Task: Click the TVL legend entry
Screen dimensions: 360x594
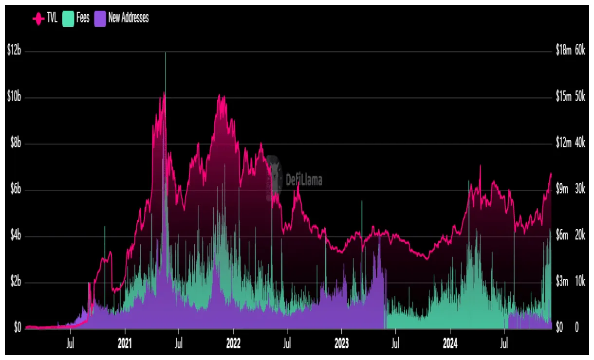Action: (x=45, y=18)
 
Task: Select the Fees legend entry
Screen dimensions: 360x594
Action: (x=76, y=18)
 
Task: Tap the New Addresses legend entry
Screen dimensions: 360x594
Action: (x=122, y=18)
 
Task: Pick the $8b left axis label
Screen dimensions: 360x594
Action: (x=15, y=144)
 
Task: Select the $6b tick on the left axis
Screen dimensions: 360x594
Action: (x=15, y=190)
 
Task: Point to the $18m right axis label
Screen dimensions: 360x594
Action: (x=563, y=50)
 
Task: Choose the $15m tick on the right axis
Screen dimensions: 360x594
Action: (x=563, y=97)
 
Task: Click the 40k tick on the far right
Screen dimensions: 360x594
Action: (x=580, y=143)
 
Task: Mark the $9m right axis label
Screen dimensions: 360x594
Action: (x=562, y=189)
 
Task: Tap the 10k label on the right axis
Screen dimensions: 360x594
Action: (x=580, y=282)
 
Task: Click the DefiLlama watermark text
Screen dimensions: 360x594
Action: (x=303, y=180)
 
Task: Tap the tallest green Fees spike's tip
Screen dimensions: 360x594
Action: (x=166, y=53)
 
